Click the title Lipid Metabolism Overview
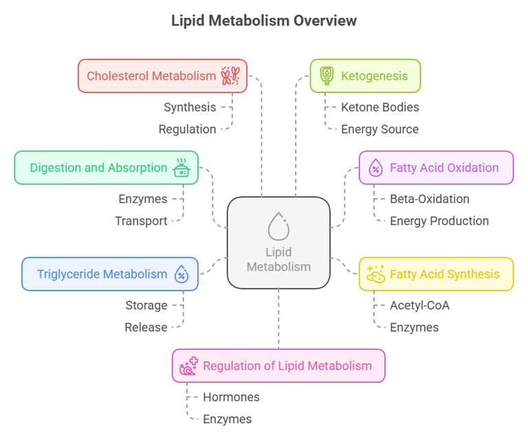264,21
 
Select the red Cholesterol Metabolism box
162,76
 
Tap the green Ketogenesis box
365,76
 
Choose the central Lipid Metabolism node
278,242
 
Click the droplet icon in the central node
278,226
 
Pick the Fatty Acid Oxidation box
436,167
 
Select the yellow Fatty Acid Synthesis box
436,274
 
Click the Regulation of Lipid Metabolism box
278,365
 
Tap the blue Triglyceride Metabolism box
110,274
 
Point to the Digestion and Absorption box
107,167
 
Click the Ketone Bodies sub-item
379,107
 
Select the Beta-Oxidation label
429,199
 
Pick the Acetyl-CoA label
420,305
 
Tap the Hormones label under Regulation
231,397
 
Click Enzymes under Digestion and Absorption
142,199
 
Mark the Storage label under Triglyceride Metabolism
146,305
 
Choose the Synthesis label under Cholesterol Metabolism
190,107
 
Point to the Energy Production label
439,221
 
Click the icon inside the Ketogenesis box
327,76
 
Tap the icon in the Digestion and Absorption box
181,168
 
